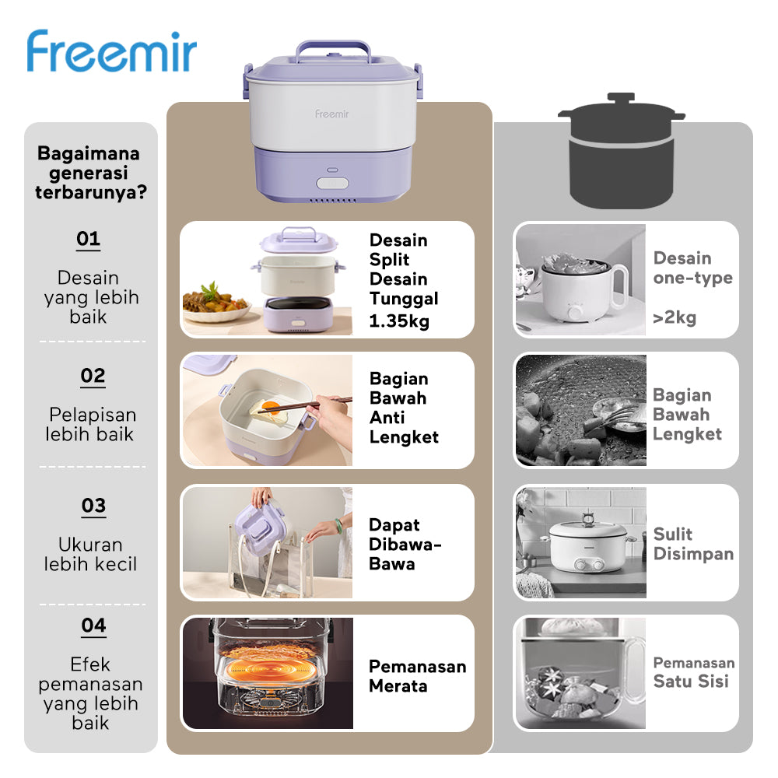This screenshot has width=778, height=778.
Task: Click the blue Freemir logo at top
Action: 111,52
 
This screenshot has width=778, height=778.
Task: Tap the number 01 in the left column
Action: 88,239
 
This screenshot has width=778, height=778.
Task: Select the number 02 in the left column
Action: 93,377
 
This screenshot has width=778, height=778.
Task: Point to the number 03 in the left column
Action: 93,506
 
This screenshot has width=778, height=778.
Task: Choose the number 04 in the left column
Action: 93,626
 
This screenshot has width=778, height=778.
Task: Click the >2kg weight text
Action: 675,317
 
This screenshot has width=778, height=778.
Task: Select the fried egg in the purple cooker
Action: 272,411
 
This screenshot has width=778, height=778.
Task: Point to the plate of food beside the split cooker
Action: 216,303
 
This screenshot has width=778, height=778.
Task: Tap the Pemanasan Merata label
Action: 417,676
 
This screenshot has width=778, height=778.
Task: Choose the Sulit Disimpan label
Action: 693,544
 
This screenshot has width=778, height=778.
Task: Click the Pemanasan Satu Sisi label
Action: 693,672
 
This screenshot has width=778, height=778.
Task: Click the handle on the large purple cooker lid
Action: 332,48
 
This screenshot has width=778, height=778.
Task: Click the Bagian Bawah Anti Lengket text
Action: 404,408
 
